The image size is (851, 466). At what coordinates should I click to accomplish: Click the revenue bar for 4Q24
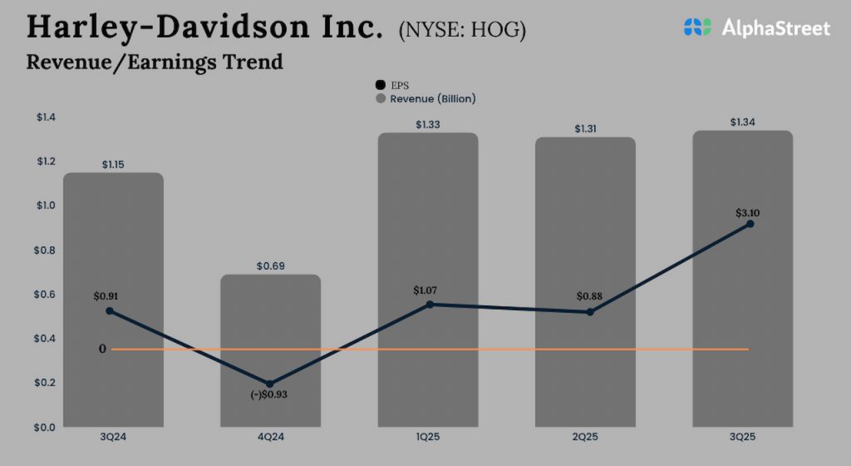tap(270, 349)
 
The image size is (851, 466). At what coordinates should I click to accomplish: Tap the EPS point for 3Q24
tap(110, 310)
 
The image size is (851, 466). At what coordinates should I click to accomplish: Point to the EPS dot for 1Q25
tap(430, 305)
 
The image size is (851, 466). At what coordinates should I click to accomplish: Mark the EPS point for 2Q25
tap(590, 312)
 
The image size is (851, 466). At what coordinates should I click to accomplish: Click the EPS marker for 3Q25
tap(750, 224)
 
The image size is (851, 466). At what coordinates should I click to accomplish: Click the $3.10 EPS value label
tap(748, 213)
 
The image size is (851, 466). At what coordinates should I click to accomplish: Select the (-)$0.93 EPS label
tap(270, 394)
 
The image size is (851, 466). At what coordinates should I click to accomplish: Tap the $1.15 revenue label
tap(113, 165)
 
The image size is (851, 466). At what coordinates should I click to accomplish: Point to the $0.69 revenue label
tap(270, 266)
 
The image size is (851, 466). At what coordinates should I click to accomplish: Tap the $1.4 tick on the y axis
tap(46, 117)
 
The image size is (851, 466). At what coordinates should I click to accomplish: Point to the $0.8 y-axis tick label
tap(46, 250)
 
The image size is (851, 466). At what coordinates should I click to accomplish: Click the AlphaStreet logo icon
tap(698, 27)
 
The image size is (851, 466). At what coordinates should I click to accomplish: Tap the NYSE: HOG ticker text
tap(462, 30)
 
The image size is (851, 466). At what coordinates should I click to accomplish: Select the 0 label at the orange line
tap(102, 349)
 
